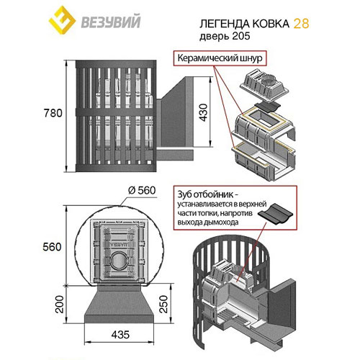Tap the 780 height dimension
coord(50,113)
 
